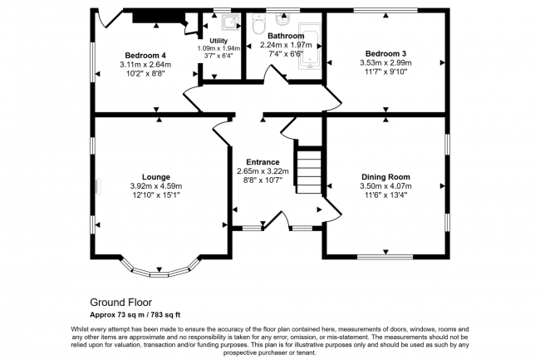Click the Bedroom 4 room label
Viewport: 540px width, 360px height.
click(x=145, y=56)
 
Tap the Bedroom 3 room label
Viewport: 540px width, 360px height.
click(x=385, y=54)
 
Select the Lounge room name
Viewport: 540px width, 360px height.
click(x=156, y=177)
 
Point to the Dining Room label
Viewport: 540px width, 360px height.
click(x=385, y=177)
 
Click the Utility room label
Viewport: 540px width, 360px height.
click(x=218, y=41)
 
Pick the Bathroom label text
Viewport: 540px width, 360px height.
click(x=286, y=36)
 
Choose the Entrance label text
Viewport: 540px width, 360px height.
click(x=263, y=162)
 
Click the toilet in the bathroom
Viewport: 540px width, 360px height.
click(x=258, y=24)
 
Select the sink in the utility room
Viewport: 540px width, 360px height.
click(x=231, y=22)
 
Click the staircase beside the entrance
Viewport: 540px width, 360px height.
click(x=309, y=171)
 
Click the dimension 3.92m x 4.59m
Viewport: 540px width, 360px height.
click(x=156, y=186)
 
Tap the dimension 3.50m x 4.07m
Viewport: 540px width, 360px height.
click(x=385, y=186)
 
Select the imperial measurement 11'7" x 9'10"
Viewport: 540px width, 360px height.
click(x=385, y=72)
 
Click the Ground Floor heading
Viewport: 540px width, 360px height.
click(x=121, y=303)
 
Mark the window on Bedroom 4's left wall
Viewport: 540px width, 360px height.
click(x=93, y=62)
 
